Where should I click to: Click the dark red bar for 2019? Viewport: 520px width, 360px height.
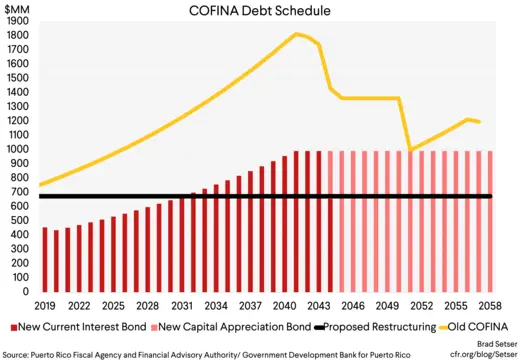click(x=45, y=260)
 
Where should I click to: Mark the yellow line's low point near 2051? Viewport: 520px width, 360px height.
click(x=410, y=150)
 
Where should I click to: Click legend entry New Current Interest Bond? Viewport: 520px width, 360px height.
click(x=70, y=326)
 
